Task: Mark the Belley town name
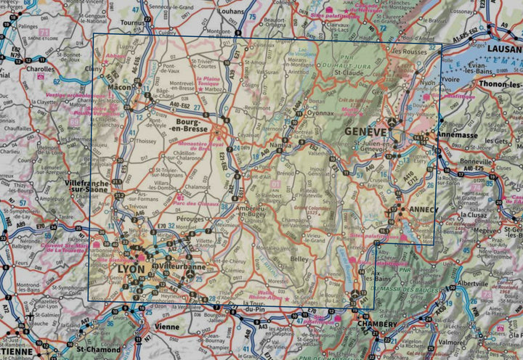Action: (299, 258)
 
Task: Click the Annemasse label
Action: (456, 135)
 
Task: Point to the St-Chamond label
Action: (100, 350)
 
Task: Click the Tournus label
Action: (133, 22)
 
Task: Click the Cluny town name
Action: (94, 68)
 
